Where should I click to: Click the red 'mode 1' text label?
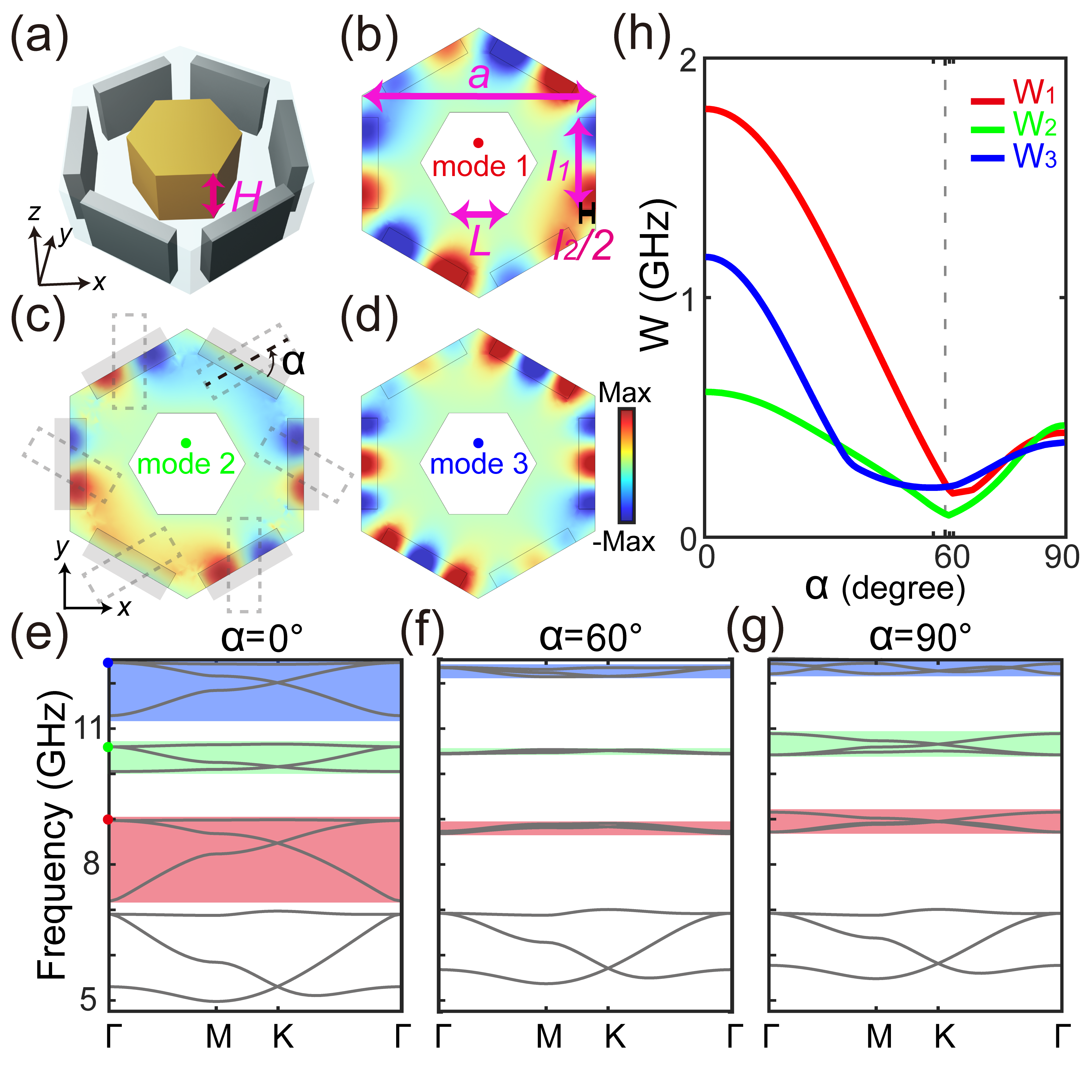click(480, 167)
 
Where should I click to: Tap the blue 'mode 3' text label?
click(479, 464)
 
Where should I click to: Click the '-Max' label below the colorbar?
click(624, 542)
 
